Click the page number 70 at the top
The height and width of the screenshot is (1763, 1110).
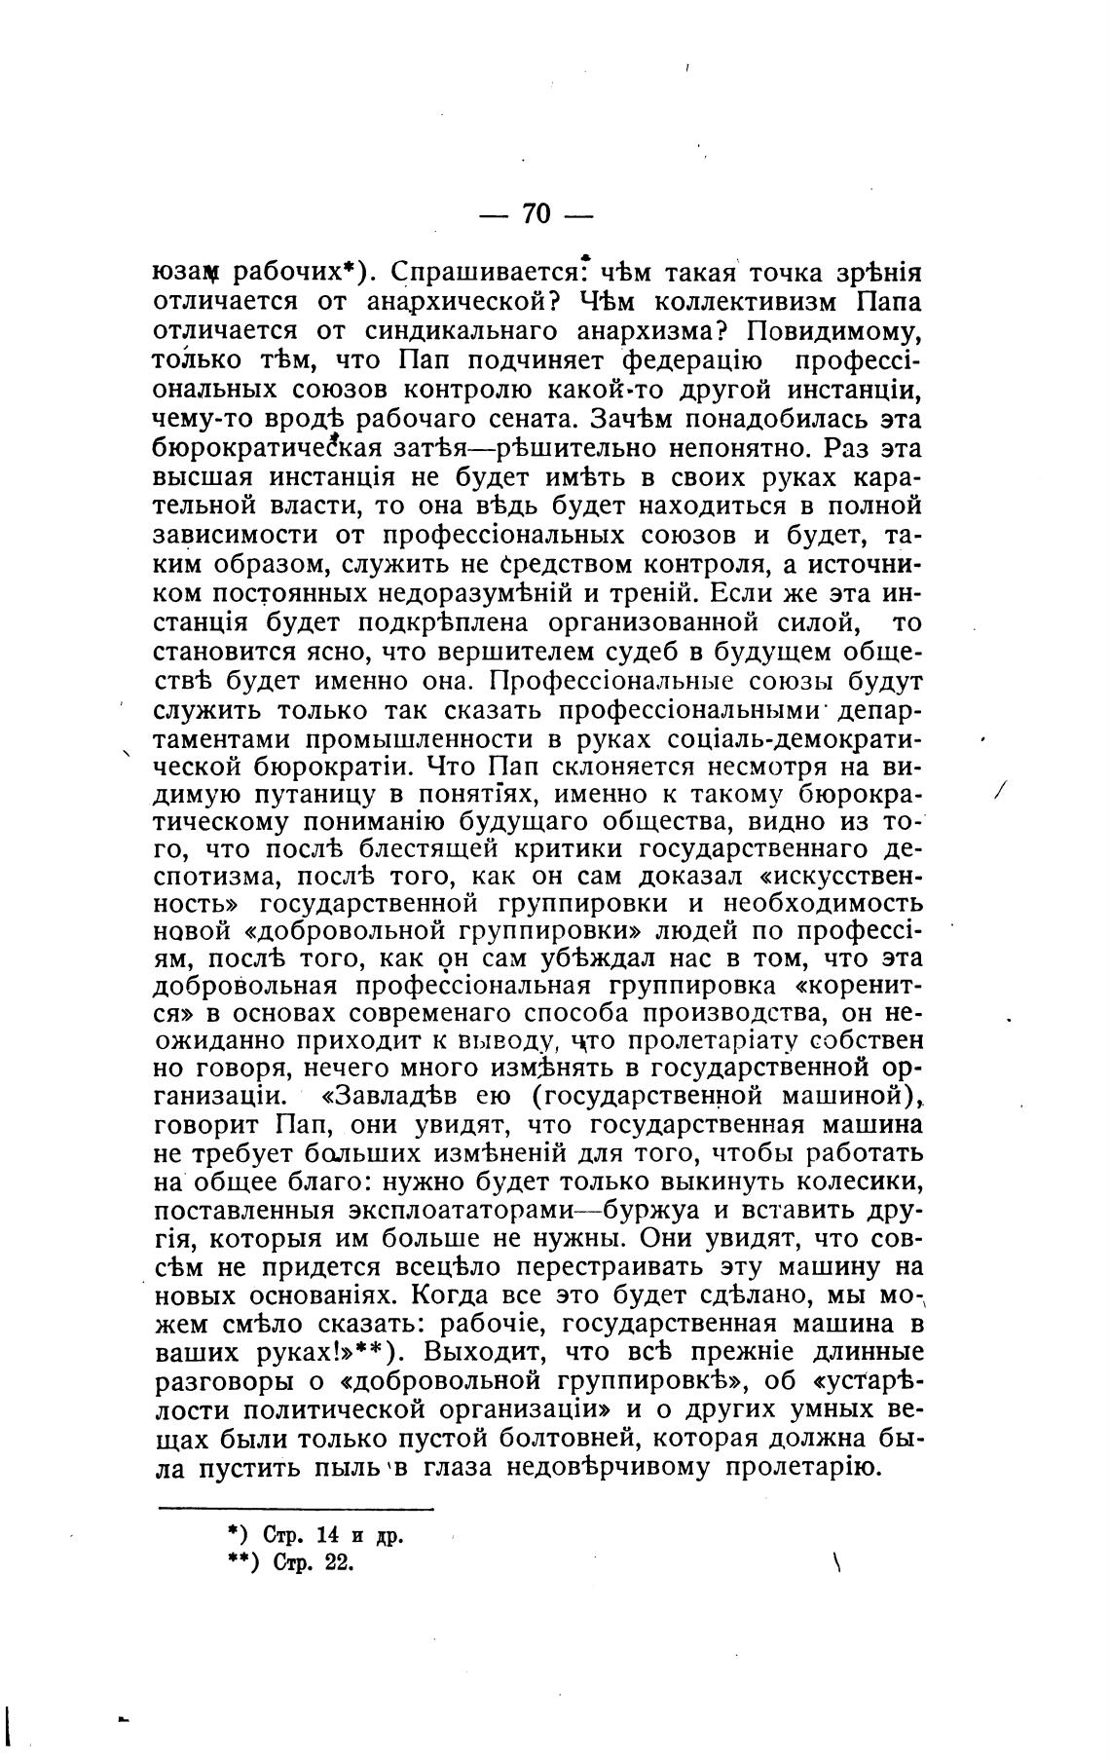(536, 213)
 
